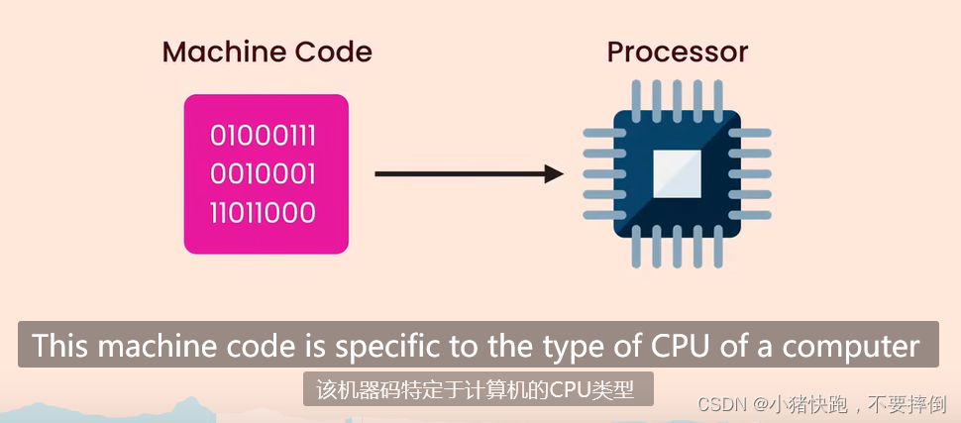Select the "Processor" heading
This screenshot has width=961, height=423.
pyautogui.click(x=677, y=52)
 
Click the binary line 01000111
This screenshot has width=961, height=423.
pyautogui.click(x=264, y=136)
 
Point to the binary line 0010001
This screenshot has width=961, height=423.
pyautogui.click(x=264, y=174)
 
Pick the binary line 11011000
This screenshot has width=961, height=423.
pyautogui.click(x=264, y=213)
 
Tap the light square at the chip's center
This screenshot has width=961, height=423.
pyautogui.click(x=677, y=174)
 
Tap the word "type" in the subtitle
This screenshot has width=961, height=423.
pyautogui.click(x=554, y=346)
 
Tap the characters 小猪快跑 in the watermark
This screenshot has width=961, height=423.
pyautogui.click(x=803, y=404)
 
